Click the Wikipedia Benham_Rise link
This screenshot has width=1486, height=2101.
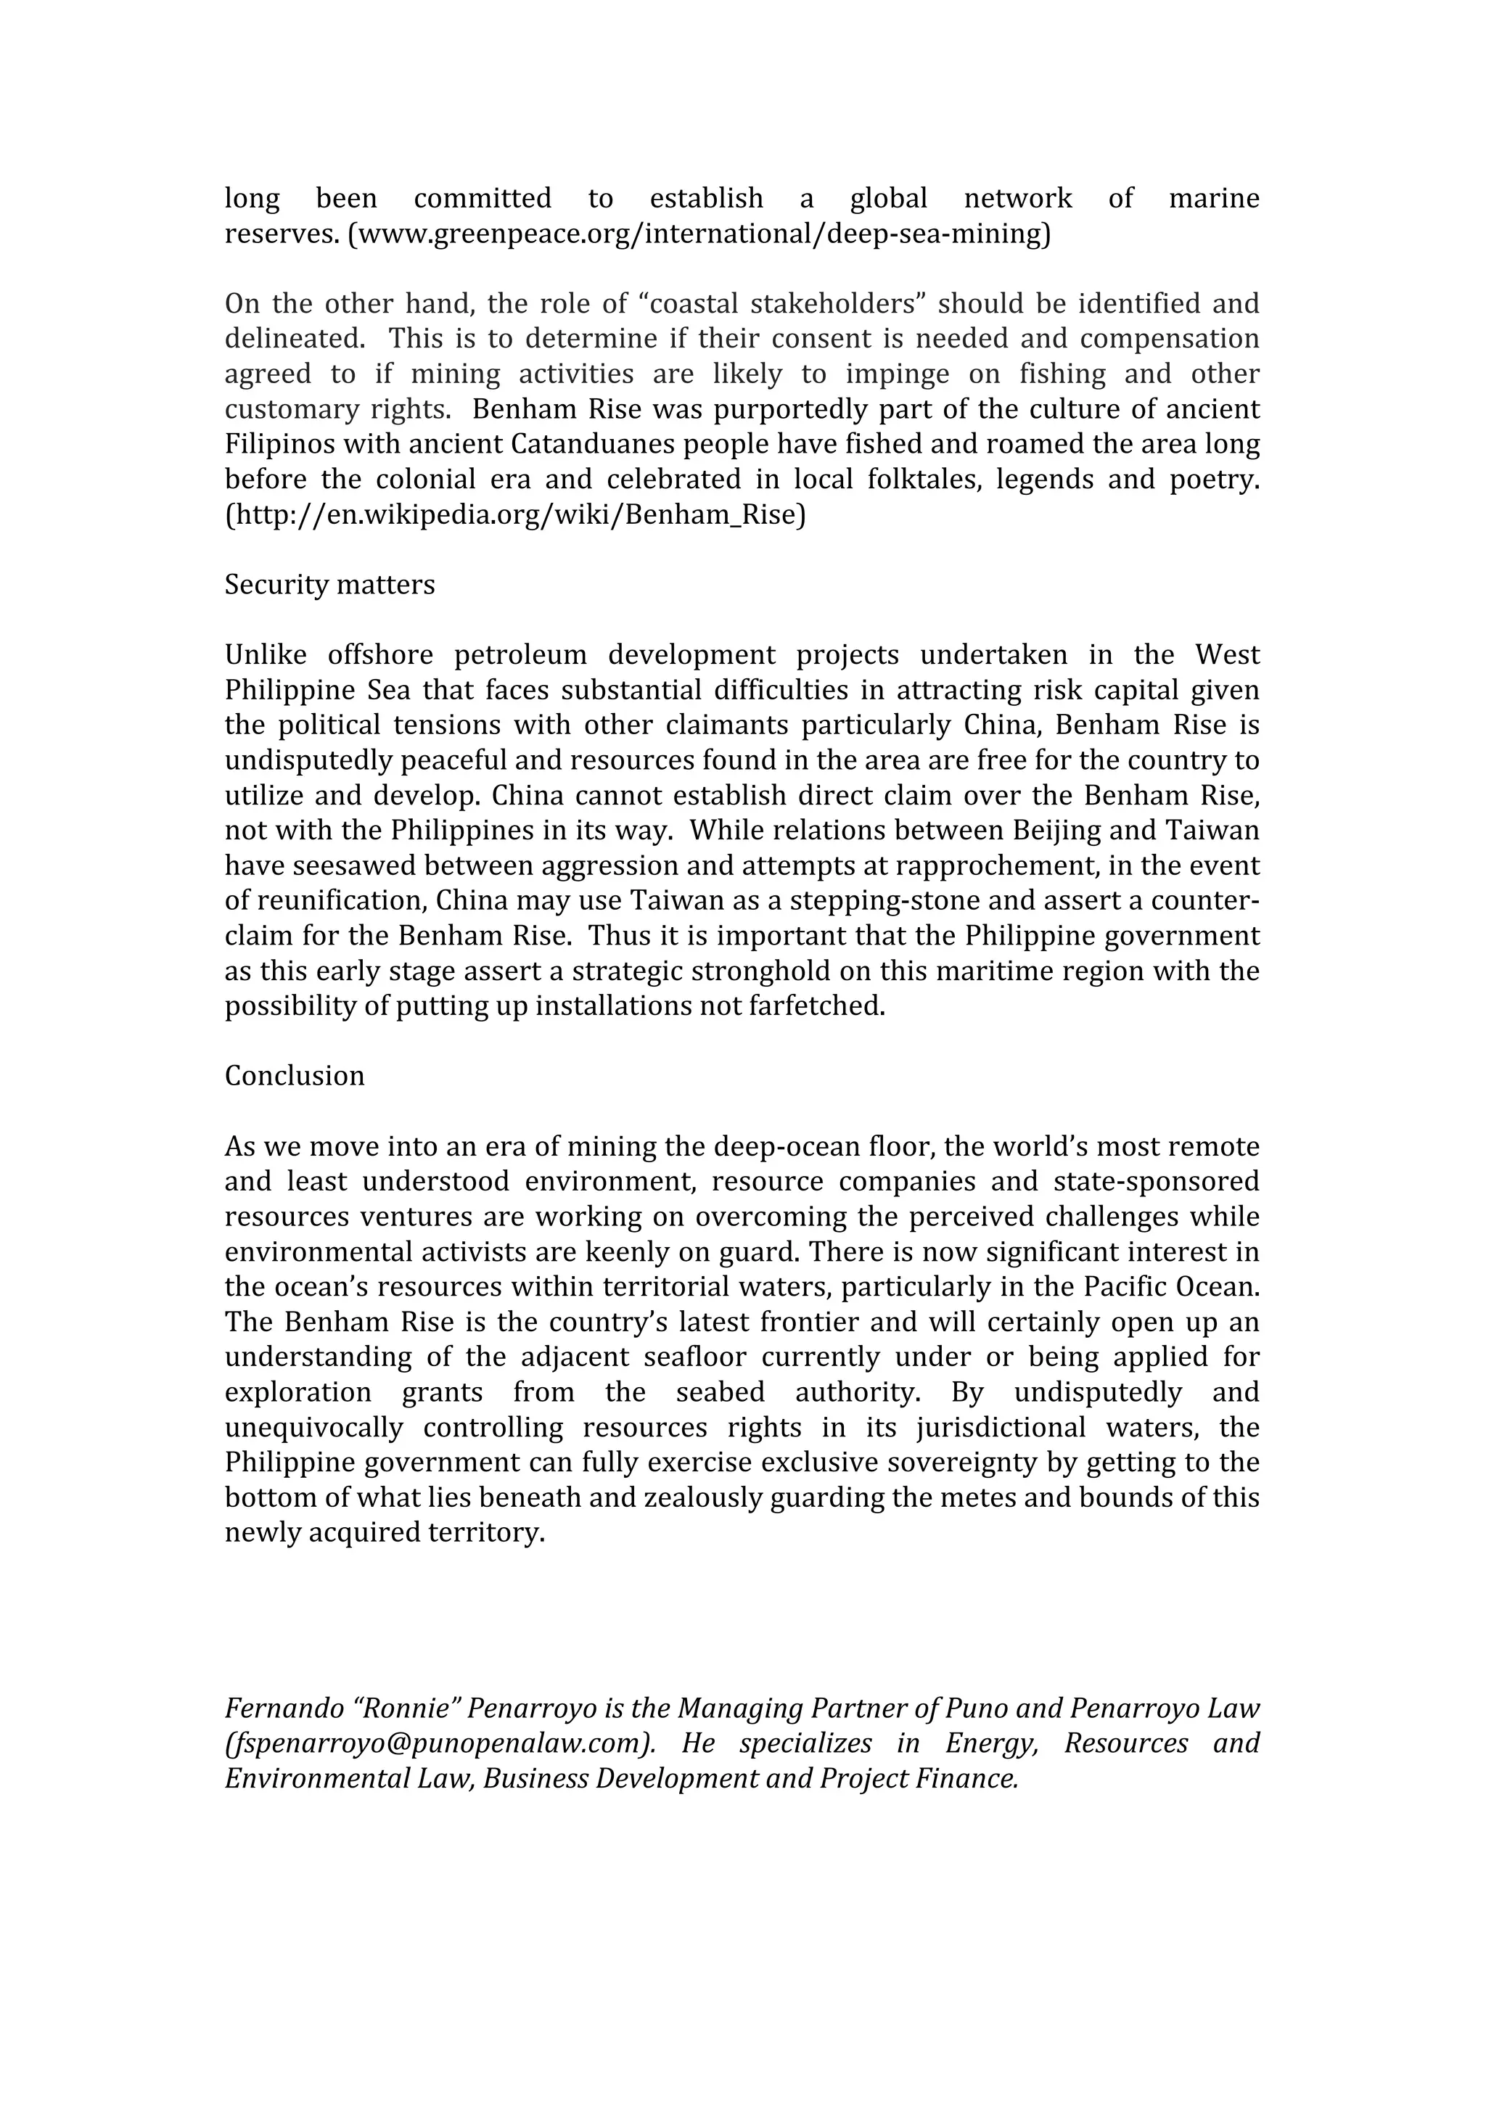pos(515,515)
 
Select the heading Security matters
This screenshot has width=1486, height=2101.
pos(329,585)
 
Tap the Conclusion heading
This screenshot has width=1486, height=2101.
pos(295,1076)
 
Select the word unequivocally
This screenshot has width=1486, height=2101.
pos(314,1428)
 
